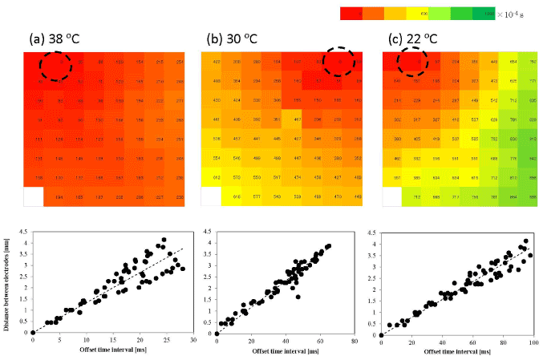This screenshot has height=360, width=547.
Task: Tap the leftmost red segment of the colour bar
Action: [x=350, y=13]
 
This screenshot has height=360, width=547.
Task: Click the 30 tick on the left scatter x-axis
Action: [x=193, y=340]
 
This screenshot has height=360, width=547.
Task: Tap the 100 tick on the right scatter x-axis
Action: [x=535, y=340]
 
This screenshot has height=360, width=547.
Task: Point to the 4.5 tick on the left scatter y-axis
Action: [x=24, y=233]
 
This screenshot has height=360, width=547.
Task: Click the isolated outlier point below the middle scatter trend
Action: [x=298, y=297]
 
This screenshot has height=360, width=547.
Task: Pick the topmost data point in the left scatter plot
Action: [x=164, y=240]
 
